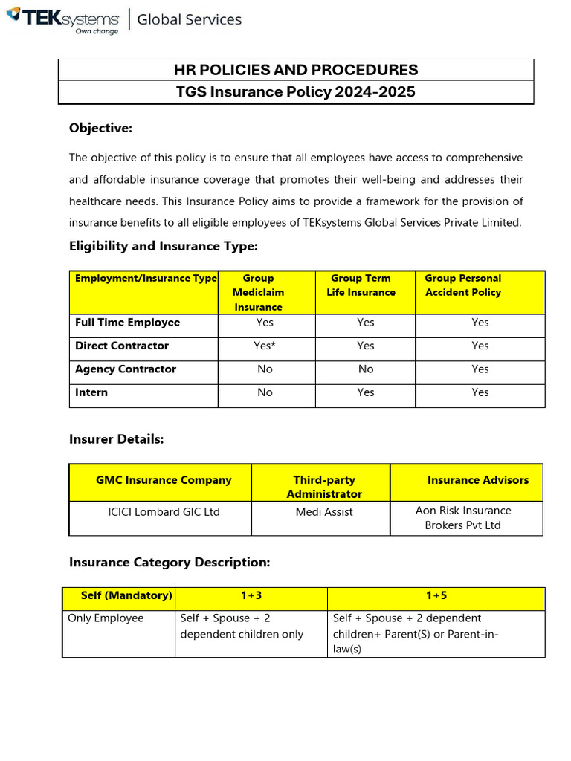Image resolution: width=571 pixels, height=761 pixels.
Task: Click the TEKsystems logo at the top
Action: (62, 20)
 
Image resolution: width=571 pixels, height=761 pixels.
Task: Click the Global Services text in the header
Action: (189, 20)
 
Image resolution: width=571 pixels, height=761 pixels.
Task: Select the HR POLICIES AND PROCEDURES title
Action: (296, 70)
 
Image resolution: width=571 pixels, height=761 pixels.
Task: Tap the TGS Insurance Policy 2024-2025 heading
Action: (296, 92)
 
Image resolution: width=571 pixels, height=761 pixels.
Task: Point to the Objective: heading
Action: (100, 129)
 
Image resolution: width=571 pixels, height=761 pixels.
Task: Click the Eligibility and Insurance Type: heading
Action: (164, 246)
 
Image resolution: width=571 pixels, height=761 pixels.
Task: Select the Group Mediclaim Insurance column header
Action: (258, 292)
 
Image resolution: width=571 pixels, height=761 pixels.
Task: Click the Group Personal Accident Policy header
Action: (462, 285)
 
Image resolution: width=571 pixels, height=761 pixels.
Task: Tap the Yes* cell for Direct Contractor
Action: (265, 346)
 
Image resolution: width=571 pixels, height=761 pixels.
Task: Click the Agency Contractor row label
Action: (126, 369)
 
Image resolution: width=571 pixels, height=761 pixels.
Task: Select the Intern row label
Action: (91, 392)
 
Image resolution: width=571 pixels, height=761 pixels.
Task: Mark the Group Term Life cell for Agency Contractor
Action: (366, 369)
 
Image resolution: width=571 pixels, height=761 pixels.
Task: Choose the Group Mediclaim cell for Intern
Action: (265, 392)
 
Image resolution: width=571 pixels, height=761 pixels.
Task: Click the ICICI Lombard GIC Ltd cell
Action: (164, 512)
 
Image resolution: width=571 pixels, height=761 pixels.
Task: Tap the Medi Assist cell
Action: (324, 512)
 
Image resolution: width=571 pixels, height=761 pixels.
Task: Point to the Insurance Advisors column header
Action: (478, 480)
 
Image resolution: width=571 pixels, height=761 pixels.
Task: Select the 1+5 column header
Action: (437, 596)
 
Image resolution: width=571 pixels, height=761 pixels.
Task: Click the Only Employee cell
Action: (106, 618)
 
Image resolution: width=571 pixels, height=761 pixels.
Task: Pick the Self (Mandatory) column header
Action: (126, 596)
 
